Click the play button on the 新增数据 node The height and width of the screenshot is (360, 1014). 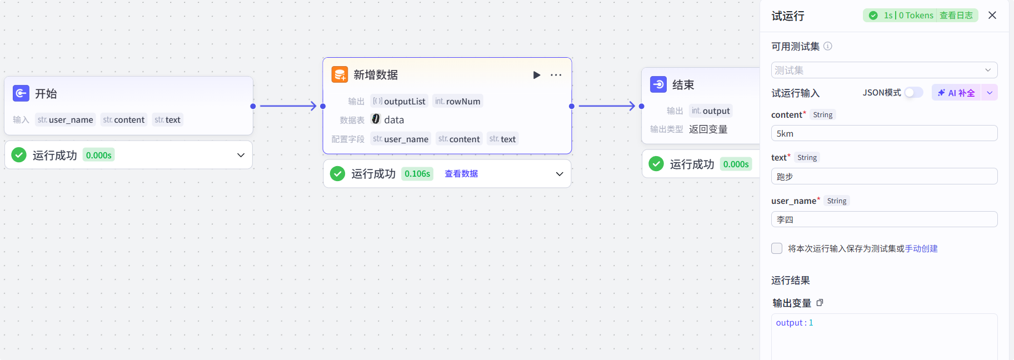[536, 75]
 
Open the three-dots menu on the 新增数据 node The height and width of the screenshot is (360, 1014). [556, 75]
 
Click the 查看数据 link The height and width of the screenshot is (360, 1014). [461, 174]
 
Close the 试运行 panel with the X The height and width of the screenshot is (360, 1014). [992, 16]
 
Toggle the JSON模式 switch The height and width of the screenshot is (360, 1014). [913, 93]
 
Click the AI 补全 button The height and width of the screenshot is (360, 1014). [957, 93]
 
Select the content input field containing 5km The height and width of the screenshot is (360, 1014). [884, 133]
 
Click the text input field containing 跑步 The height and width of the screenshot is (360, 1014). [884, 177]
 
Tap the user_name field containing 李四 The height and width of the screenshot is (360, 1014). [884, 219]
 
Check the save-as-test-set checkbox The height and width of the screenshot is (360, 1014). [777, 248]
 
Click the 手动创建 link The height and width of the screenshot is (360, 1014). [921, 248]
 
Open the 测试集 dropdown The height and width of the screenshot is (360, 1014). [884, 70]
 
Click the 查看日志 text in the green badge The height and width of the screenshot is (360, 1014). [956, 16]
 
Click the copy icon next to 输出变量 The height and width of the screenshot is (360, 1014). [820, 303]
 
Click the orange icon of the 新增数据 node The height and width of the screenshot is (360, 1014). [339, 74]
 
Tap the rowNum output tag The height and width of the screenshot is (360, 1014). [458, 101]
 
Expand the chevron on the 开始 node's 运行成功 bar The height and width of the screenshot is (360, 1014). [241, 155]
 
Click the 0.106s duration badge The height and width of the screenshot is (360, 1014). [417, 174]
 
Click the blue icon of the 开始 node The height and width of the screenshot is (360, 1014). [21, 93]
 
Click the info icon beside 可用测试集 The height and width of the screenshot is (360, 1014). [828, 46]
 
